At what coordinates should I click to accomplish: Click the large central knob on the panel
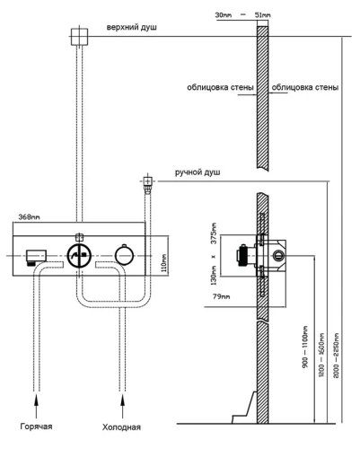80,255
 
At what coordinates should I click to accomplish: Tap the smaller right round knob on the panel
124,256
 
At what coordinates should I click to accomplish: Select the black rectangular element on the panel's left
37,256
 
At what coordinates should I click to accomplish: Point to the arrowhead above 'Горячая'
37,395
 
